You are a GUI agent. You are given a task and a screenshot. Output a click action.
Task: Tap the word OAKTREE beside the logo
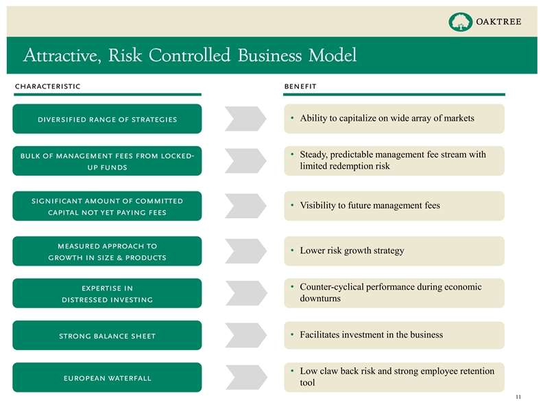click(x=498, y=22)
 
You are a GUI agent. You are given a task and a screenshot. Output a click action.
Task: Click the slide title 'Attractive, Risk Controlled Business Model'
click(x=189, y=55)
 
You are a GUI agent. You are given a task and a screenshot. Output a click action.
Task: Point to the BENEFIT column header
click(x=300, y=86)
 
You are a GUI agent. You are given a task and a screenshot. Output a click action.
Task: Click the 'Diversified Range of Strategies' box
click(x=107, y=119)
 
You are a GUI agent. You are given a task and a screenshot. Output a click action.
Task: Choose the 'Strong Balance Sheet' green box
click(x=107, y=336)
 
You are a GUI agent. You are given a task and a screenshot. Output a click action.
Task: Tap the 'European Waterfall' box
click(x=107, y=378)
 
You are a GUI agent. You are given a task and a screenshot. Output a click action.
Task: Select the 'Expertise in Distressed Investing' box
click(x=107, y=294)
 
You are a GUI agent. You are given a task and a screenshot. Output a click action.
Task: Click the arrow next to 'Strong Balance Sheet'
click(x=245, y=336)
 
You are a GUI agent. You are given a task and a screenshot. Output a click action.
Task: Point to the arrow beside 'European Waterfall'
click(x=245, y=377)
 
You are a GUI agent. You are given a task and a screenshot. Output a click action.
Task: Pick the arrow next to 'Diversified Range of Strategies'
click(x=245, y=119)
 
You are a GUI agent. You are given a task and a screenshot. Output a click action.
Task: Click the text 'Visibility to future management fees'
click(x=370, y=205)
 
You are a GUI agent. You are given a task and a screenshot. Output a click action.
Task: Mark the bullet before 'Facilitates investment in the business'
click(x=293, y=334)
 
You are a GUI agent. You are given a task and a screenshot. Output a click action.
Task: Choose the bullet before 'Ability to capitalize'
click(x=293, y=118)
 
